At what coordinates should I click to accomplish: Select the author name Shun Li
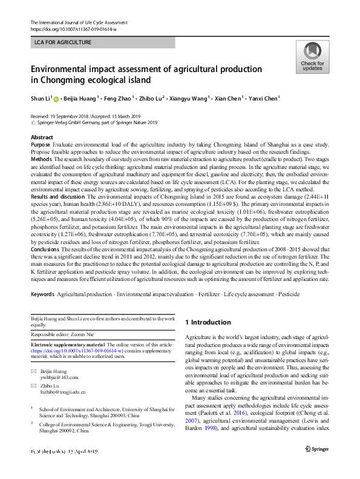pyautogui.click(x=41, y=97)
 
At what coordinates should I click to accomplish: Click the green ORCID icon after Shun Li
pyautogui.click(x=56, y=97)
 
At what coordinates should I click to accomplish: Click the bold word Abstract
pyautogui.click(x=41, y=137)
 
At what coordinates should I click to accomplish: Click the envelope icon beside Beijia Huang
pyautogui.click(x=33, y=370)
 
